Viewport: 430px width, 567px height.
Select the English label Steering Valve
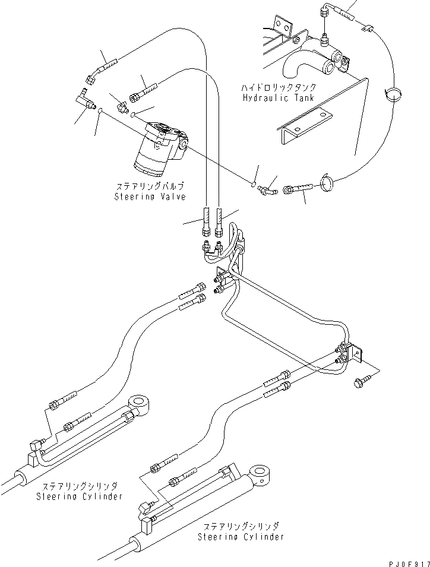(x=150, y=197)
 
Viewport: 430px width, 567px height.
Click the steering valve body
(x=156, y=148)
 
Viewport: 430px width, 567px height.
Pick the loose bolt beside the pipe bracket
(x=361, y=379)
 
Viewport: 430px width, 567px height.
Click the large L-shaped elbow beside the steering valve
(x=87, y=98)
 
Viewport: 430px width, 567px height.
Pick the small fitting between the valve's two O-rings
(x=124, y=106)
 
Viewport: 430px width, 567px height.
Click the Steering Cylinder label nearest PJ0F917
(x=241, y=531)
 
